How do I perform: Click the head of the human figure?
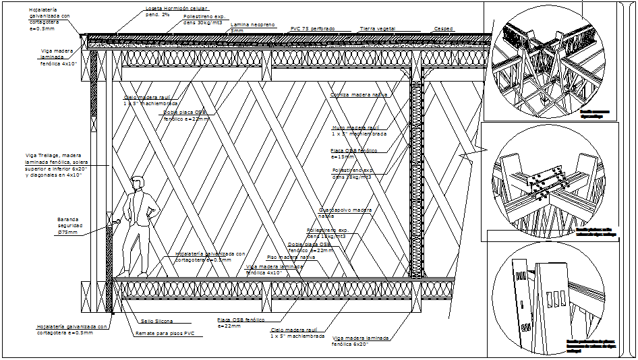pos(138,183)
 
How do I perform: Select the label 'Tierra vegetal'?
pos(377,29)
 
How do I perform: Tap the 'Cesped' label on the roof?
pos(444,29)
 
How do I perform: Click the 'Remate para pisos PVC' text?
pos(165,333)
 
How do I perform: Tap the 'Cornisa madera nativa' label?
pos(359,95)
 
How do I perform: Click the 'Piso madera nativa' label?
pos(291,257)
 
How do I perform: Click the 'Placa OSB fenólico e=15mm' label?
pos(353,153)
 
